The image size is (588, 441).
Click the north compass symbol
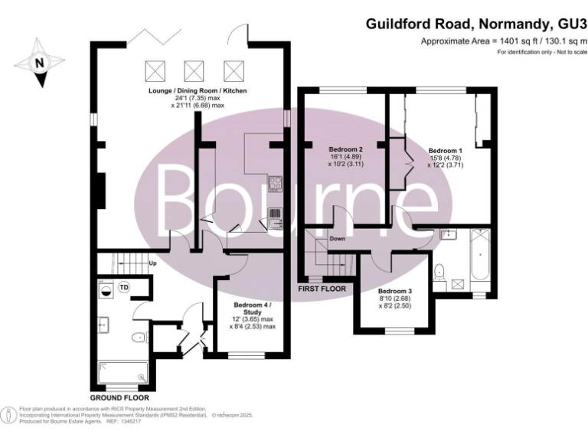pos(40,64)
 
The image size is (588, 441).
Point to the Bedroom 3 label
pos(395,291)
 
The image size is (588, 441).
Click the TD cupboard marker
pos(123,286)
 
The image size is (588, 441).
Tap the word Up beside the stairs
pos(152,263)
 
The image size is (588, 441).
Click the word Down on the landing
pos(338,239)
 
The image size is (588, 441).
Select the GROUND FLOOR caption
pos(119,398)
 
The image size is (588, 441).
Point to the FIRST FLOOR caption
pos(322,289)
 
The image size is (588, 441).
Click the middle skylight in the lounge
pos(194,71)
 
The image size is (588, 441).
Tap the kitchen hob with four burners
pos(274,183)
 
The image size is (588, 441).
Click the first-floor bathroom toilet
pos(439,271)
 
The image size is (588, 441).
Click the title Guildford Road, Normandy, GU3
pos(474,24)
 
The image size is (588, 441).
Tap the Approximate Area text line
pos(503,41)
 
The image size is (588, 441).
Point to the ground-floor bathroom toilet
pos(139,338)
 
